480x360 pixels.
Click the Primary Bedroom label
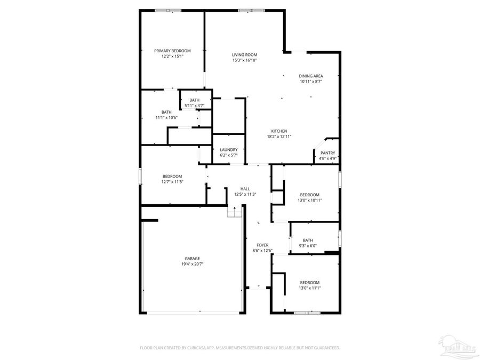pos(172,51)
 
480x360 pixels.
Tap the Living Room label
pos(244,55)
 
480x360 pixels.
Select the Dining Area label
pos(311,76)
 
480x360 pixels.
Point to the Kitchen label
pos(279,131)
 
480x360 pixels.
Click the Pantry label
pos(328,153)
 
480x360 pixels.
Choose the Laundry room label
pos(229,150)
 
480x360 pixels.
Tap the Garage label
pos(193,259)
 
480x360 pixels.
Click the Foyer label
pos(262,245)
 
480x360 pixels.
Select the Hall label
pos(245,189)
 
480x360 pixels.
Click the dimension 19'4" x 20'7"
pos(193,264)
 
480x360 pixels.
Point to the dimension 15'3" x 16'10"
pos(244,60)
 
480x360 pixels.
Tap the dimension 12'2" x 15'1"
pos(172,56)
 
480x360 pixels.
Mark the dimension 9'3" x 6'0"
pos(308,245)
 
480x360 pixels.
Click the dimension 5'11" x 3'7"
pos(194,106)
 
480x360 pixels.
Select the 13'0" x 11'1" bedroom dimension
pos(309,288)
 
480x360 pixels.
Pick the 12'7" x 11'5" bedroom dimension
pos(172,182)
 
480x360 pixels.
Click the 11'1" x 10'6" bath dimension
pos(166,117)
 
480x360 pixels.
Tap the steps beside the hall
pos(235,213)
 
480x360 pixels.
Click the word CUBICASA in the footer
pos(201,348)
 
